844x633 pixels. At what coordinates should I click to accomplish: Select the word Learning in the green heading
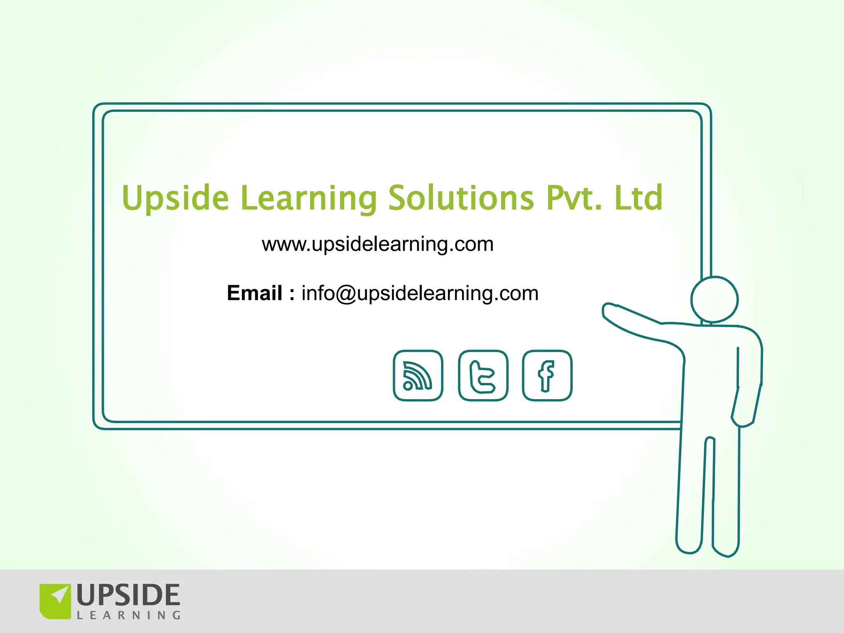tap(309, 199)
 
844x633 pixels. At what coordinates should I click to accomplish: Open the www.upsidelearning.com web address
tap(377, 244)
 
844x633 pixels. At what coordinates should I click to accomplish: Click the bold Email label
tap(255, 293)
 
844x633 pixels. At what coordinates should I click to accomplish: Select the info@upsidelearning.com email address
tap(420, 293)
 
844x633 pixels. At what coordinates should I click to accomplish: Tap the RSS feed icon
tap(418, 375)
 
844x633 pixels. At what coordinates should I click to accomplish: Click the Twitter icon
tap(483, 375)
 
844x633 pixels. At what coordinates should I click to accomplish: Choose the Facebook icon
tap(547, 375)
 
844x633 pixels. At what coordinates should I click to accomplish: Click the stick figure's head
tap(715, 299)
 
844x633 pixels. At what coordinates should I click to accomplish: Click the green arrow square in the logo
tap(55, 601)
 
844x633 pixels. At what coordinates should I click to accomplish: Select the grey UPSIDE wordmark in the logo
tap(128, 595)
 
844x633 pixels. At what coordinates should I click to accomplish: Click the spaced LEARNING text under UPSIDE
tap(129, 616)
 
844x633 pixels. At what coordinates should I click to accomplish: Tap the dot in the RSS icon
tap(408, 385)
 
